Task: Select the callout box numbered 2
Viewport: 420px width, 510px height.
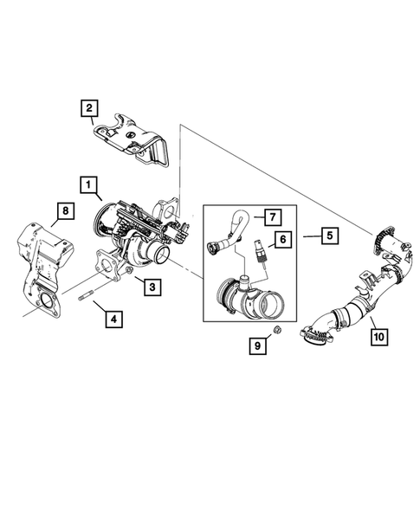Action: (87, 108)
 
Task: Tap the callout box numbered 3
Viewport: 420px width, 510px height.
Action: (150, 287)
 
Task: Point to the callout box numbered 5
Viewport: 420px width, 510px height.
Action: (329, 235)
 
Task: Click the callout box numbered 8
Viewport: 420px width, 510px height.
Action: (62, 209)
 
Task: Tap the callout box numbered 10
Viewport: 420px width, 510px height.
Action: (378, 332)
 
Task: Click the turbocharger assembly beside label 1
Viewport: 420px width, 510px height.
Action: (139, 229)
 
